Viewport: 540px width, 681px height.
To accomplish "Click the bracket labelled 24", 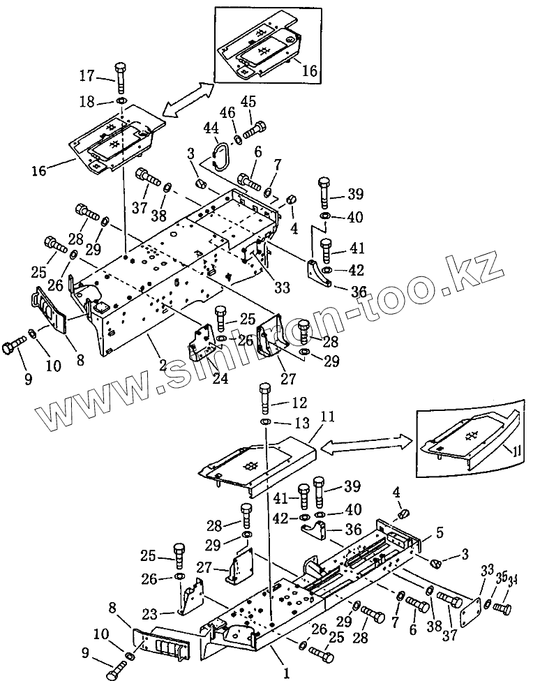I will pos(201,340).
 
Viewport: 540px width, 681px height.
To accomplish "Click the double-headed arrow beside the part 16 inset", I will pos(187,98).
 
